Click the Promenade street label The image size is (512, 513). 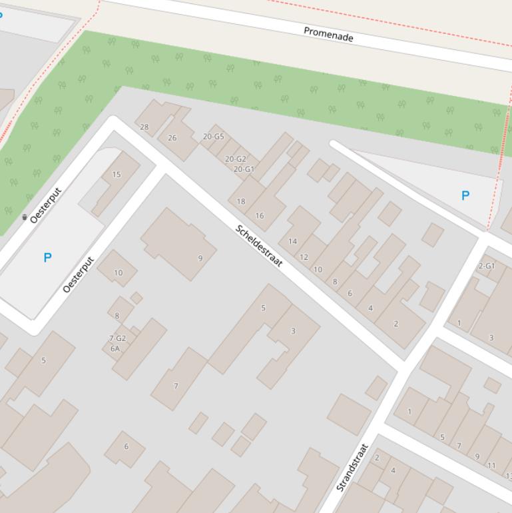coord(328,34)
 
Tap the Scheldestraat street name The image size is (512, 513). coord(259,246)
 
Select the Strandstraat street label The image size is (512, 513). coord(352,468)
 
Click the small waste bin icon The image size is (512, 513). coord(25,217)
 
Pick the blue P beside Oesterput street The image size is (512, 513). coord(47,257)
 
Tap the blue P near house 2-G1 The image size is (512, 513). coord(465,195)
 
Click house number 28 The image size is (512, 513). coord(144,127)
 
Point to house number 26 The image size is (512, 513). coord(172,138)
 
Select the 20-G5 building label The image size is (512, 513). coord(213,137)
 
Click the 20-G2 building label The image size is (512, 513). coord(235,159)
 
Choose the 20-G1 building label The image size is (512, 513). coord(244,169)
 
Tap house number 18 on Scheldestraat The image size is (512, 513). coord(241,201)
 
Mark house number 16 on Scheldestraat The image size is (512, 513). coord(260,216)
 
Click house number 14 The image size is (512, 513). coord(292,241)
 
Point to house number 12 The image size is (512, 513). coord(304,257)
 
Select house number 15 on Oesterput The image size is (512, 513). coord(117,175)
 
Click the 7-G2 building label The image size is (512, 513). coord(117,338)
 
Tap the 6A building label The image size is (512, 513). coord(115,348)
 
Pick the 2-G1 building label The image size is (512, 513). coord(486,266)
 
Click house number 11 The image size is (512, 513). coord(491,466)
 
